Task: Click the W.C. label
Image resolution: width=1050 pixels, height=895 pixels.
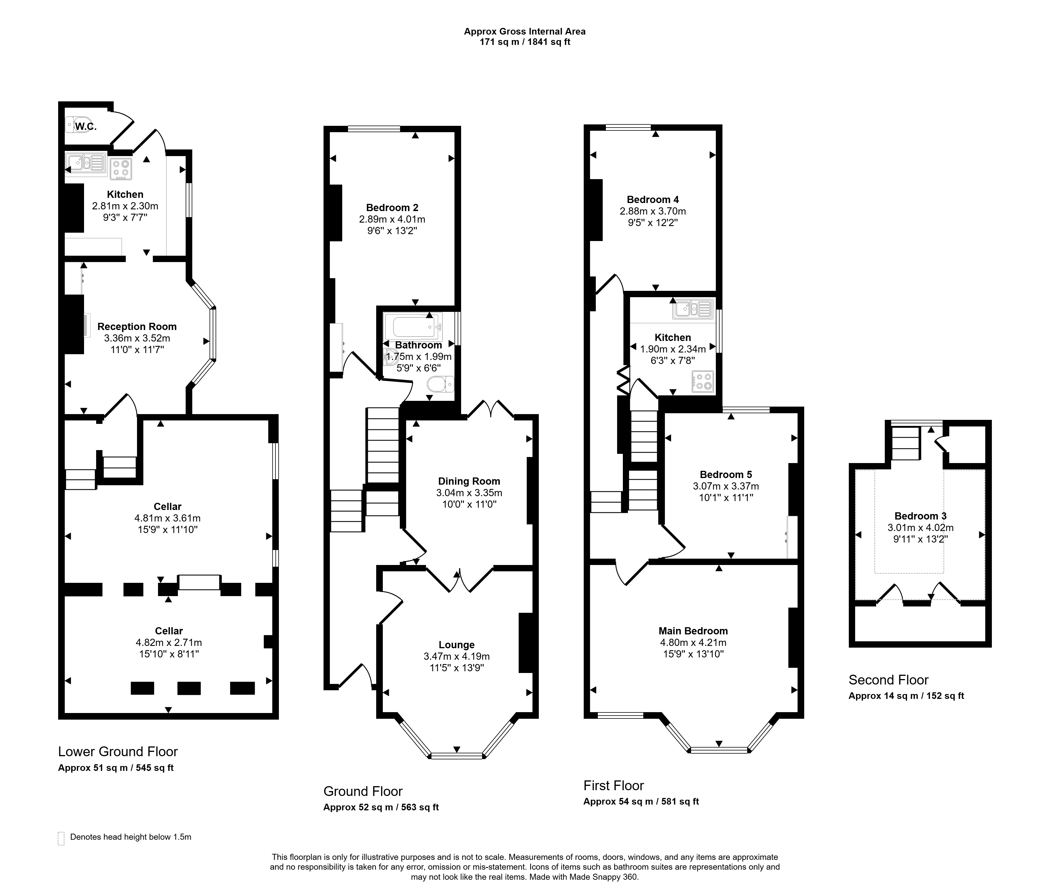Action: [x=86, y=126]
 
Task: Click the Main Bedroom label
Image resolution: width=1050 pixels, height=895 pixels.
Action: [x=693, y=631]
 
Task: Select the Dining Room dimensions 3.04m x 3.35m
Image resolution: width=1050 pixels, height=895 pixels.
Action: [x=469, y=493]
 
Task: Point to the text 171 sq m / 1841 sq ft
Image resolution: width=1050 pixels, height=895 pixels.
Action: [x=524, y=42]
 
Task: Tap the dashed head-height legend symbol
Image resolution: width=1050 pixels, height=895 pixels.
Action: [x=61, y=839]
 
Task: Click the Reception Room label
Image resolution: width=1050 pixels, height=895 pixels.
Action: [x=137, y=327]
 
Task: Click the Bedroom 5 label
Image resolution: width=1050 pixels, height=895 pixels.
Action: [x=726, y=475]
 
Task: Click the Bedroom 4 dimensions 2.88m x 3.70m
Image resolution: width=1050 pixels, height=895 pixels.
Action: [x=653, y=211]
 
